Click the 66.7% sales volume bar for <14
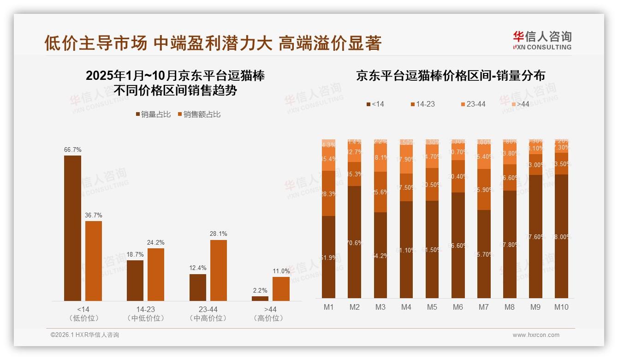point(72,228)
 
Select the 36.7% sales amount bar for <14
point(94,261)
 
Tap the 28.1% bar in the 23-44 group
point(219,270)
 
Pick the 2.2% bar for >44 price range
point(260,298)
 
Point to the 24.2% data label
point(156,242)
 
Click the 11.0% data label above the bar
point(281,271)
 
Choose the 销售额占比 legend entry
point(199,114)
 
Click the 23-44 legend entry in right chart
point(473,104)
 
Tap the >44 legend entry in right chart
point(519,104)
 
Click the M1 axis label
point(328,307)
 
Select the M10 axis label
point(561,307)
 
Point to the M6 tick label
point(458,307)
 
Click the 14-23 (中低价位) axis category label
point(145,313)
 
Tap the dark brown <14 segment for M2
point(354,242)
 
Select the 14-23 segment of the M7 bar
point(484,189)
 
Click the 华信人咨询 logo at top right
point(542,40)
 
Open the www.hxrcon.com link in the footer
point(536,335)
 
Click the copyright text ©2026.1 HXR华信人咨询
point(85,335)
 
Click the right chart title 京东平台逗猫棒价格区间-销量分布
point(450,76)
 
